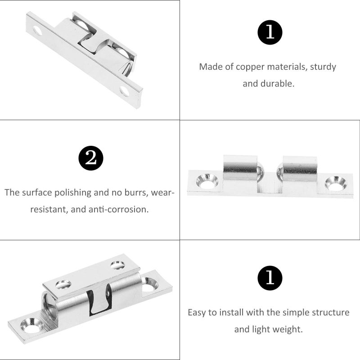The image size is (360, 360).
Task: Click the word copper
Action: [x=250, y=67]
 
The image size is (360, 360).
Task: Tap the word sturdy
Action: [x=323, y=67]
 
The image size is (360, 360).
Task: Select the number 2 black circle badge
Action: [x=91, y=158]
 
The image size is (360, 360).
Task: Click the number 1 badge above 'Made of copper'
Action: [x=270, y=32]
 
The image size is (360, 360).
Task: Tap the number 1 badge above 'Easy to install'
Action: [x=270, y=278]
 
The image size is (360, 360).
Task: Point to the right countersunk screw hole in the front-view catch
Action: [x=336, y=184]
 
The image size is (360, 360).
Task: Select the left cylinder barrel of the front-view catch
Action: [x=240, y=167]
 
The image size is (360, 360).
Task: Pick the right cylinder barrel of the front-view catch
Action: [x=300, y=169]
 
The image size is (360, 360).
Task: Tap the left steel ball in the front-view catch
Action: [x=261, y=171]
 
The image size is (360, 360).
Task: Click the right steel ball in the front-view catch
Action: [x=280, y=172]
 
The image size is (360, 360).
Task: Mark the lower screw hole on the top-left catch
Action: [x=125, y=91]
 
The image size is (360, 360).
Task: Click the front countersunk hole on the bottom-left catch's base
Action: [x=31, y=325]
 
